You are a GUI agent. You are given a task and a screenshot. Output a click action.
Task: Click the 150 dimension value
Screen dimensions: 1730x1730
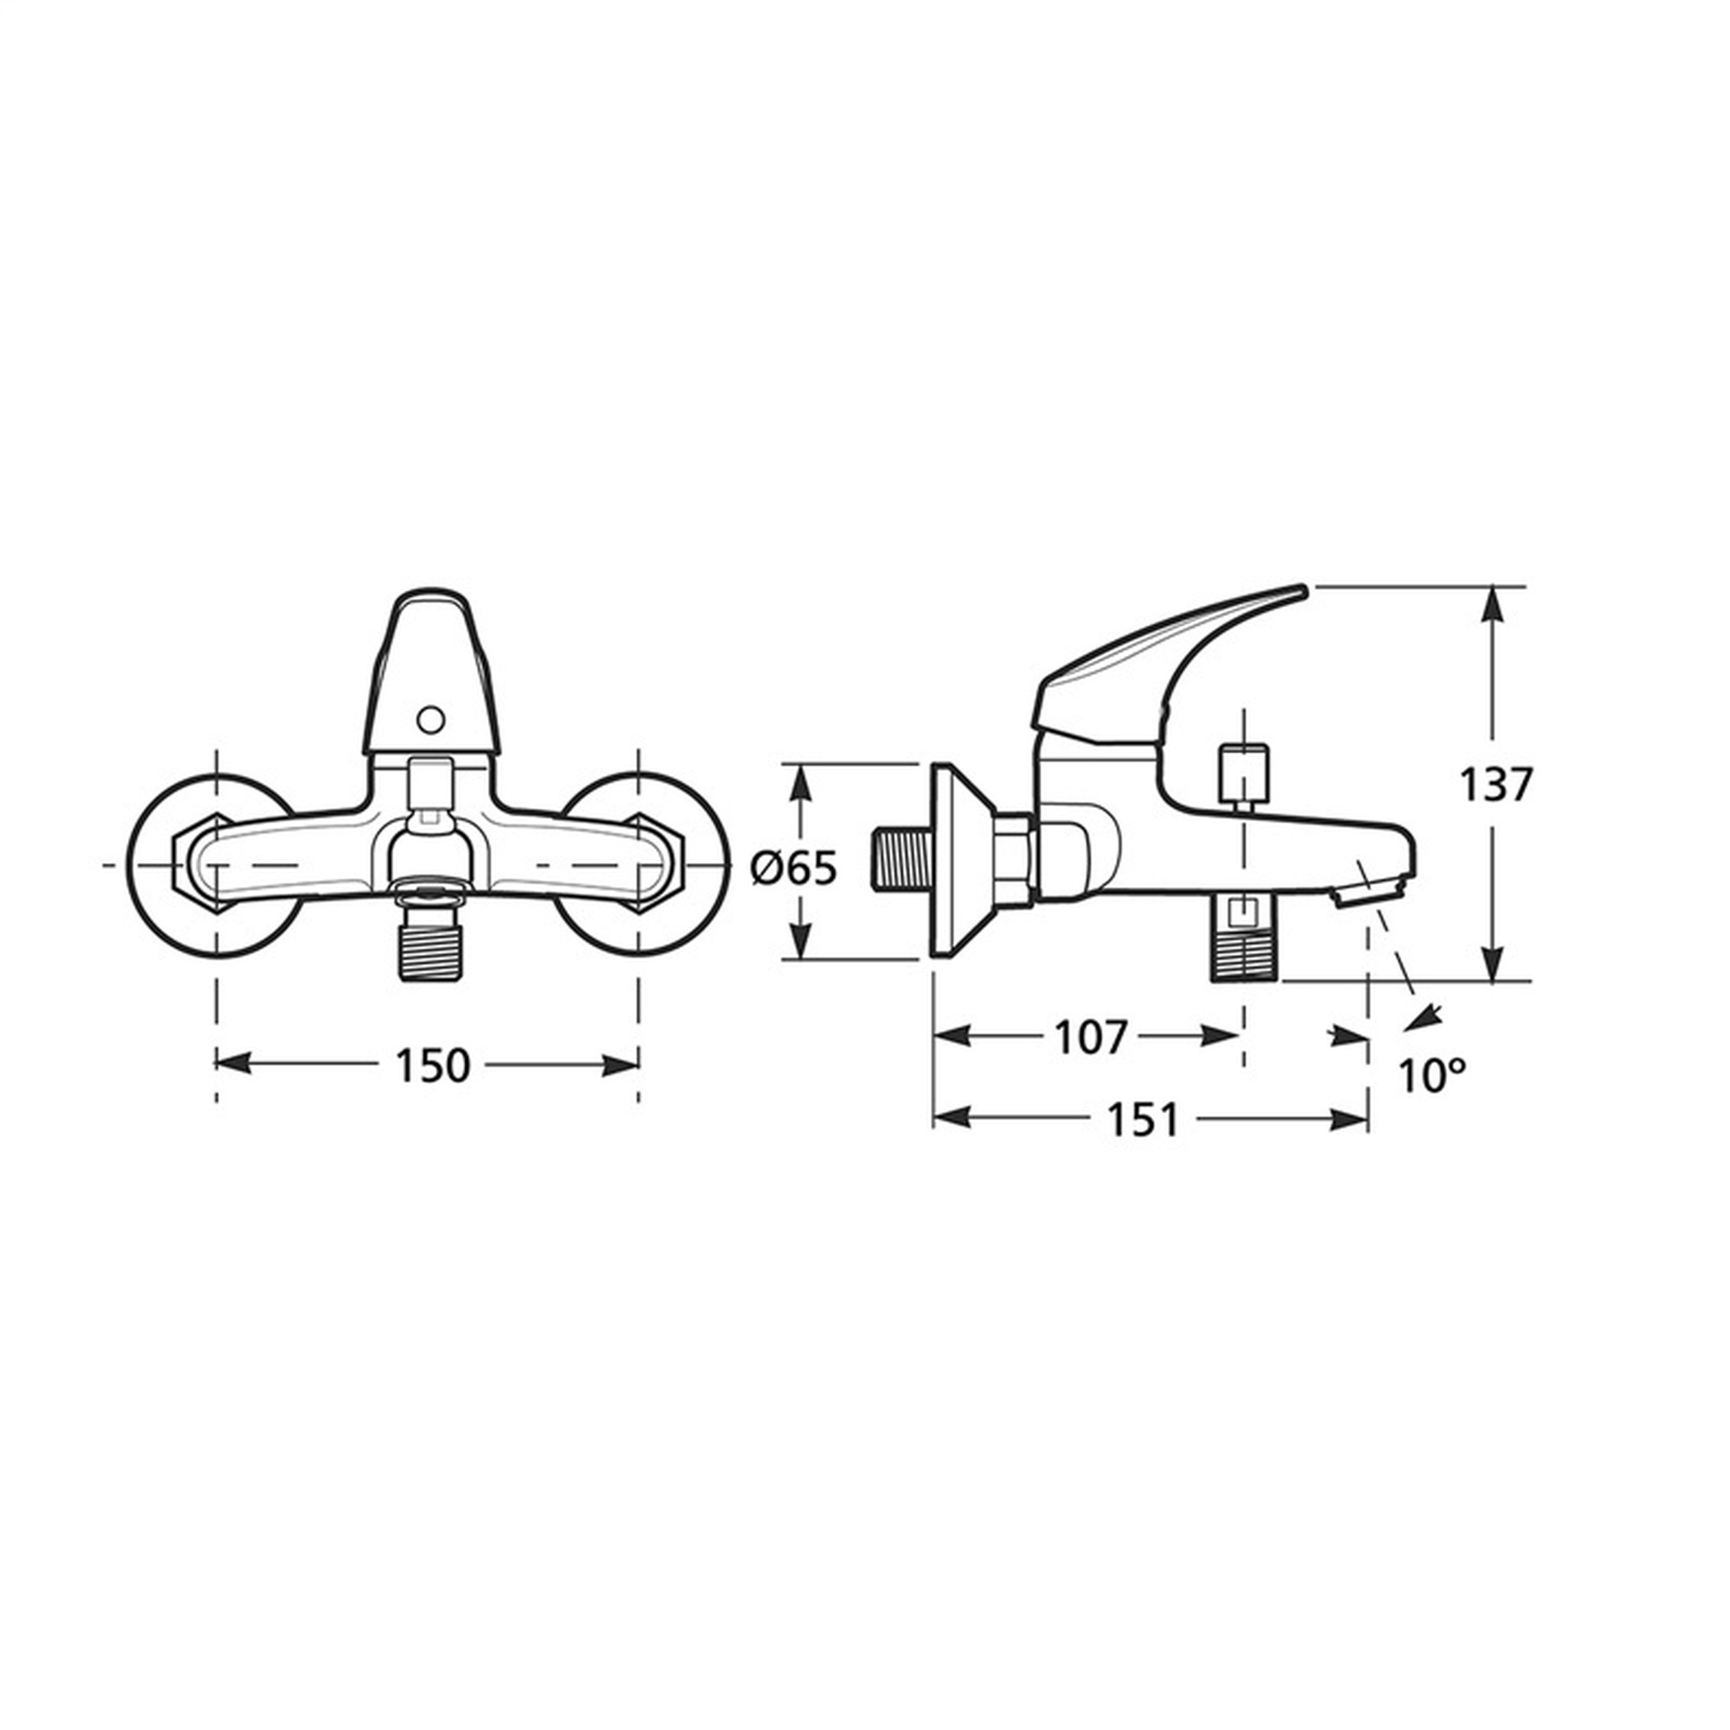(x=432, y=1066)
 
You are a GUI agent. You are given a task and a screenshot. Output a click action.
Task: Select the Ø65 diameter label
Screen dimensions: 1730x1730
(x=794, y=868)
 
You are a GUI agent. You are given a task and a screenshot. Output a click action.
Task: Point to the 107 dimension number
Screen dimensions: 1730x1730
(x=1090, y=1038)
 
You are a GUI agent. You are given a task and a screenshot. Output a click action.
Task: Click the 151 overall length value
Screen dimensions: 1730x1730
(x=1143, y=1119)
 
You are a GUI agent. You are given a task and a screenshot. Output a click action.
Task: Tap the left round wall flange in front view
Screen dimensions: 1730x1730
(x=215, y=865)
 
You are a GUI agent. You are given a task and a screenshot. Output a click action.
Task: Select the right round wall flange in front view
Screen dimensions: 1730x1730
(x=642, y=865)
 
